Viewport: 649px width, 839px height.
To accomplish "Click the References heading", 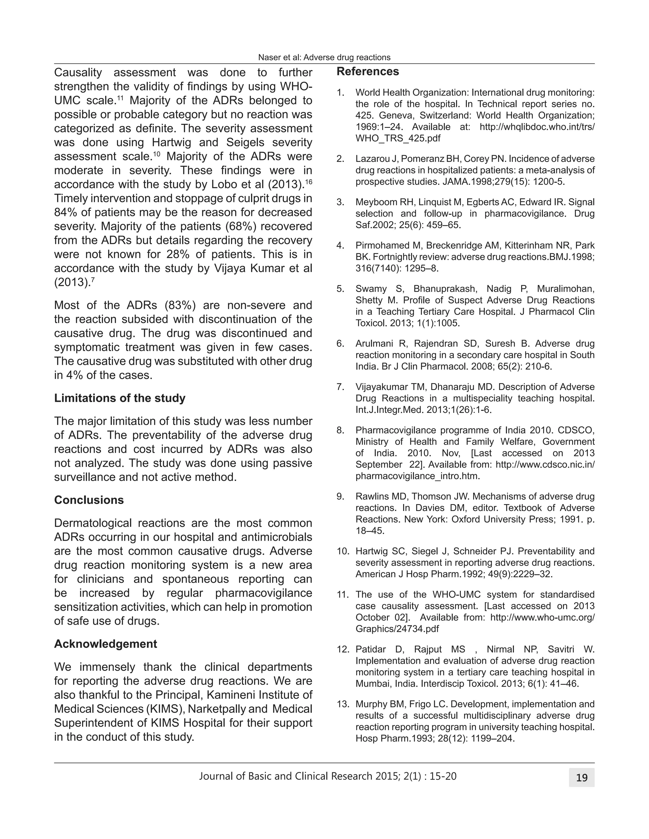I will (x=368, y=72).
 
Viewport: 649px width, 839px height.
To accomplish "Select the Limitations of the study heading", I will (x=119, y=398).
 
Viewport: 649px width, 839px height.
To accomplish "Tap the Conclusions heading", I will (x=89, y=500).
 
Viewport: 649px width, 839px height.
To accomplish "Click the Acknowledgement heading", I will (x=105, y=644).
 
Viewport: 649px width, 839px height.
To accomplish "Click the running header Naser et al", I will (x=324, y=58).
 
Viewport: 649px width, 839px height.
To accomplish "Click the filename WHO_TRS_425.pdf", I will (x=398, y=138).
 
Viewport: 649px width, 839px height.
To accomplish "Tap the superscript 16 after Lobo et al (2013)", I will (x=308, y=182).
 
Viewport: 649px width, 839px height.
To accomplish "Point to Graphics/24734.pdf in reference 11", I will (x=397, y=629).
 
